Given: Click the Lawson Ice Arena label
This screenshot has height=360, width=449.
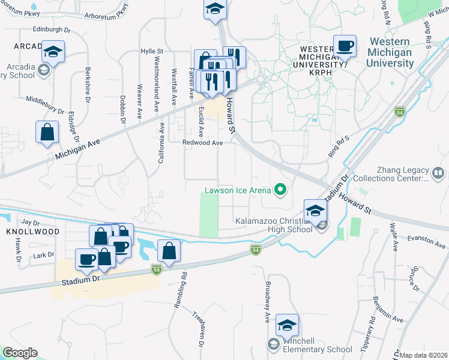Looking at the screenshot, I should point(238,191).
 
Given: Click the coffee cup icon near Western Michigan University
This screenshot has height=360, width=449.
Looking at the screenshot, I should point(345,46).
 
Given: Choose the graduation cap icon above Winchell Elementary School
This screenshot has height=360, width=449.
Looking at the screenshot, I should point(288,325).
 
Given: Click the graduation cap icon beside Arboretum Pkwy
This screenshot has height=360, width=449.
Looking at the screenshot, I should point(214,10).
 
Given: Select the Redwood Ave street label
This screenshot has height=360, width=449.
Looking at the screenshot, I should point(203,143).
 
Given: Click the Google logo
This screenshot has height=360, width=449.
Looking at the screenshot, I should point(20,353).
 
